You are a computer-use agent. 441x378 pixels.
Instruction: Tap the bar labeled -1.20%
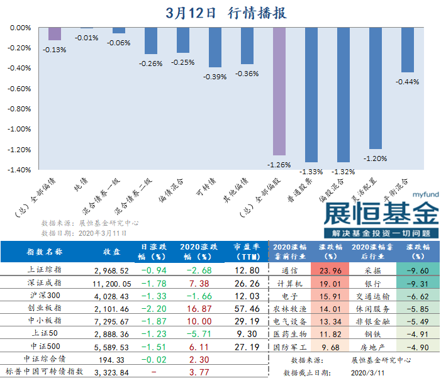pyautogui.click(x=375, y=88)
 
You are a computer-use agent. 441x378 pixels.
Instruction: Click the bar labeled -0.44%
pyautogui.click(x=407, y=50)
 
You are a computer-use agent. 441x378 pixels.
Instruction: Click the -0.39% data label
pyautogui.click(x=215, y=77)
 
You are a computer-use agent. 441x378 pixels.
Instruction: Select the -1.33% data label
pyautogui.click(x=311, y=172)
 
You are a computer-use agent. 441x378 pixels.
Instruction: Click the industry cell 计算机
pyautogui.click(x=289, y=283)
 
